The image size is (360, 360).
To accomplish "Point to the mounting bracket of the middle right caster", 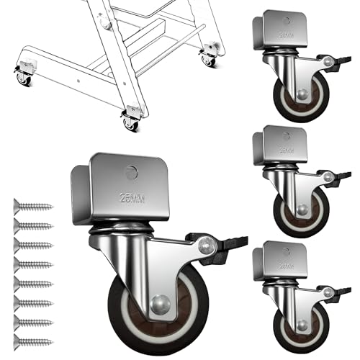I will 281,144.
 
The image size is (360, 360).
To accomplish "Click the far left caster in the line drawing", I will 22,73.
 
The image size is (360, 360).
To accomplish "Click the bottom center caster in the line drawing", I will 130,117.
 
